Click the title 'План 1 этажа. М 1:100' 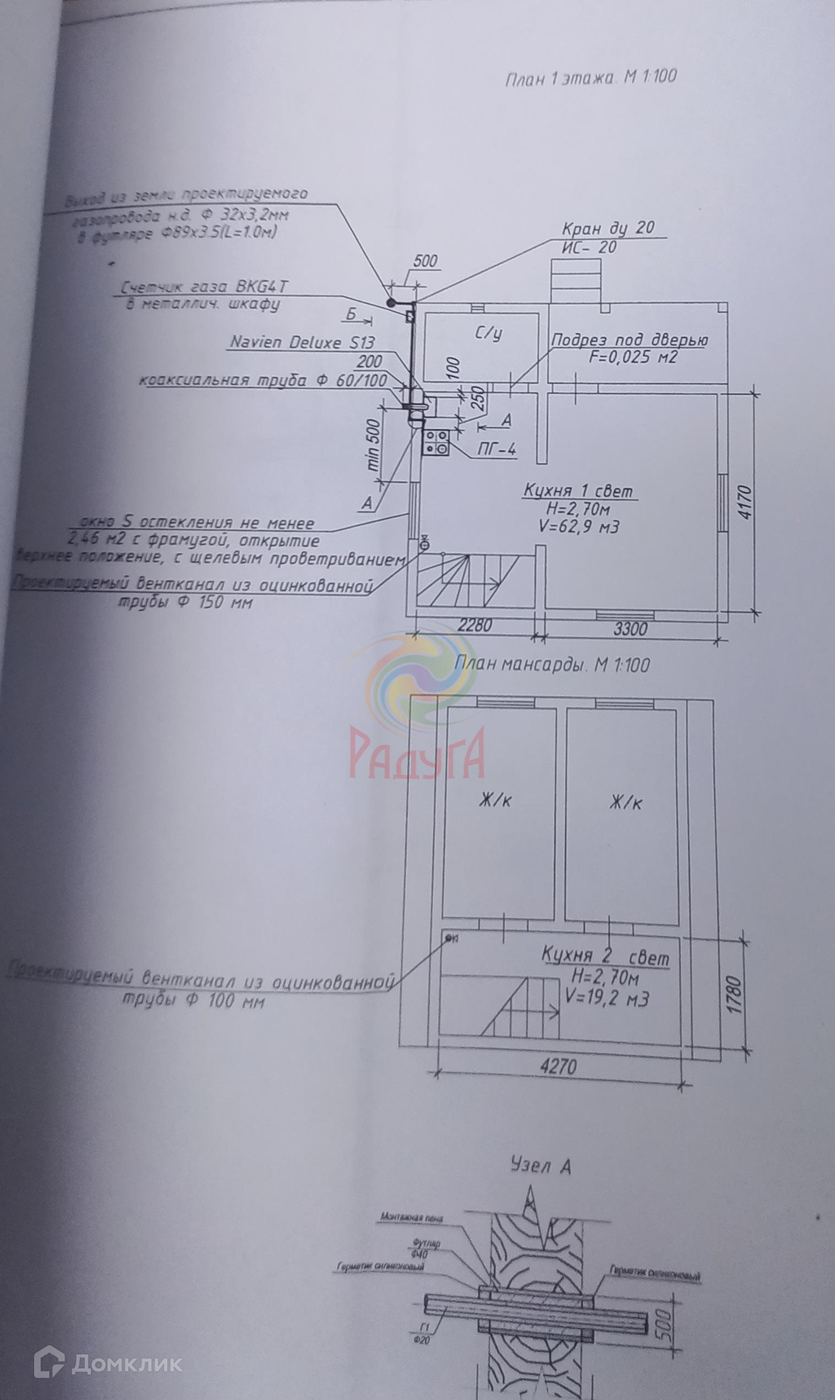click(x=590, y=78)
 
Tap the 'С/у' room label click(x=488, y=334)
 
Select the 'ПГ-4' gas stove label click(x=496, y=449)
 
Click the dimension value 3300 click(x=630, y=628)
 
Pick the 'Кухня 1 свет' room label click(x=578, y=491)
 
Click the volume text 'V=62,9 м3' click(x=579, y=527)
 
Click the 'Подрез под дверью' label click(x=630, y=340)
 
